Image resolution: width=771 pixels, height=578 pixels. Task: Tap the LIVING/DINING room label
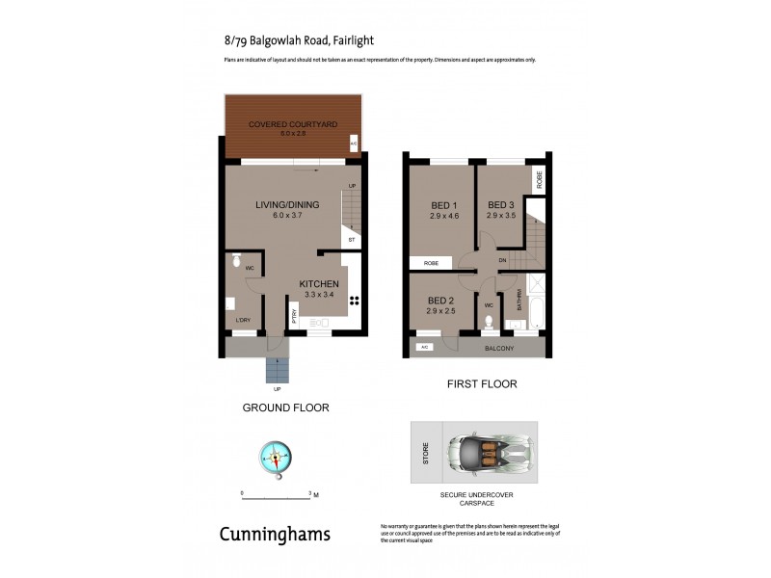286,204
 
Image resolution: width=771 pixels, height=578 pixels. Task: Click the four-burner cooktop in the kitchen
354,300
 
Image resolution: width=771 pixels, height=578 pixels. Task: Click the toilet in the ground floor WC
234,259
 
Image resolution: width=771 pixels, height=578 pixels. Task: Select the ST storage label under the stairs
352,238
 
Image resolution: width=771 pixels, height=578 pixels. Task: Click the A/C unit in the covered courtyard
354,144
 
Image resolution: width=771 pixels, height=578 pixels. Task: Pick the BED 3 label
500,204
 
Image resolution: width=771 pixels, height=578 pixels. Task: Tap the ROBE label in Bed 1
431,262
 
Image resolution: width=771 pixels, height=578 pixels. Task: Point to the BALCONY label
499,348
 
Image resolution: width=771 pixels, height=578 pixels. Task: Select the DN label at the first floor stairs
501,260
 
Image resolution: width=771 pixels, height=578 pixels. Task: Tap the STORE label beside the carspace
425,454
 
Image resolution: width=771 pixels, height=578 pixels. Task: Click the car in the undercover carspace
489,453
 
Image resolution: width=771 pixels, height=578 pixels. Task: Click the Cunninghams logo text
275,533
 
